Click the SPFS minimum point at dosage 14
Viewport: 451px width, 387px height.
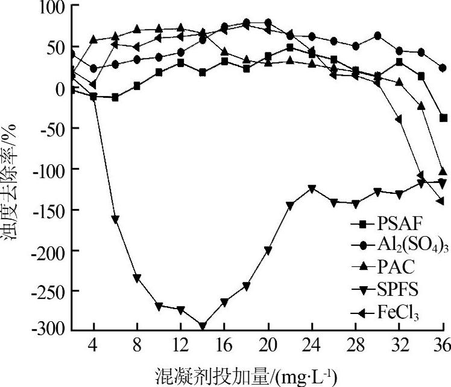pyautogui.click(x=203, y=326)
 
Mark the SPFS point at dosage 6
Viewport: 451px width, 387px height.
pyautogui.click(x=115, y=219)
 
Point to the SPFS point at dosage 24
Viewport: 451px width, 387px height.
pyautogui.click(x=312, y=189)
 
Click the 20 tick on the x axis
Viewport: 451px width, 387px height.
pyautogui.click(x=268, y=348)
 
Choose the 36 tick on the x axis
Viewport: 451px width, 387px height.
pyautogui.click(x=443, y=348)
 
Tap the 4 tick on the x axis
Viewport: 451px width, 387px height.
pyautogui.click(x=93, y=348)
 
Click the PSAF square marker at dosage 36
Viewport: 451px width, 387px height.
pyautogui.click(x=443, y=118)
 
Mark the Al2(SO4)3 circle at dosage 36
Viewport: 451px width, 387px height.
pyautogui.click(x=443, y=68)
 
